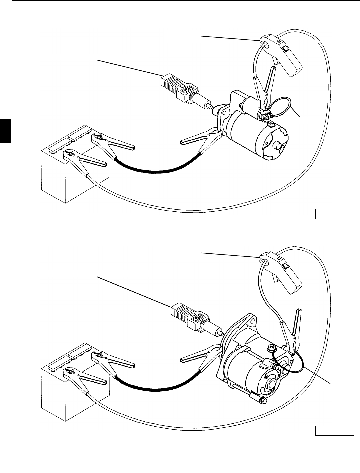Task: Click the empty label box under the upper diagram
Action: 334,214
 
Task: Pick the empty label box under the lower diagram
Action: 334,431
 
